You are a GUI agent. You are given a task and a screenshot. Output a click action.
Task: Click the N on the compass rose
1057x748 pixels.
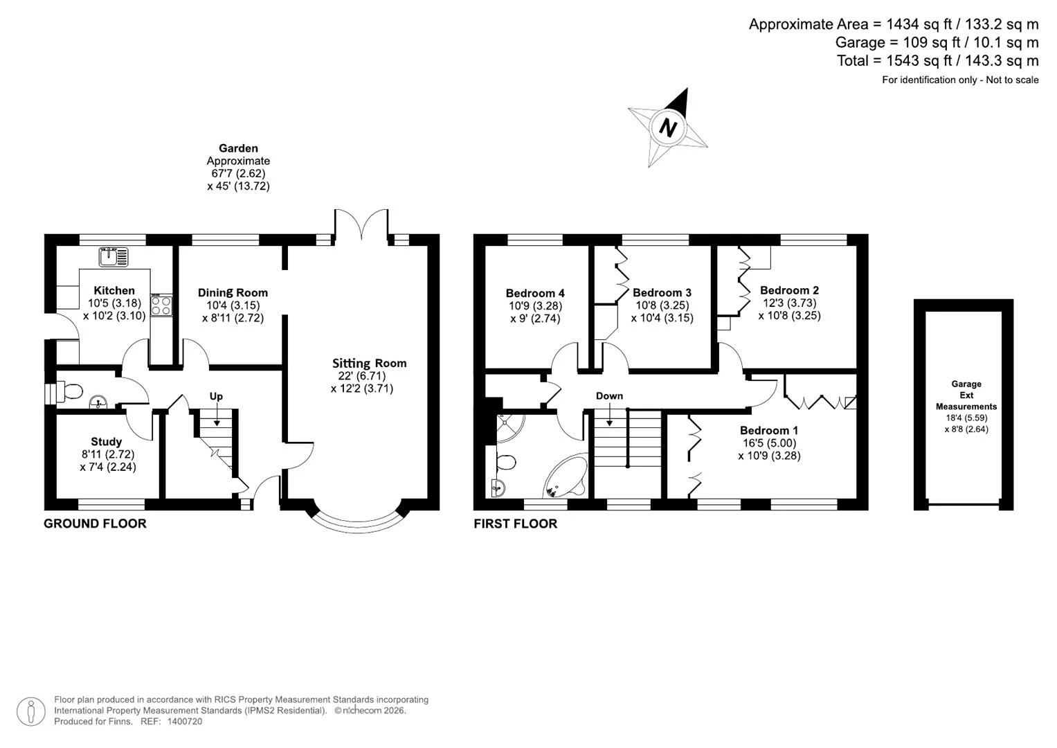tap(667, 127)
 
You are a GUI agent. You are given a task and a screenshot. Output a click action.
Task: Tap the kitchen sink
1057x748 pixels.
tap(114, 257)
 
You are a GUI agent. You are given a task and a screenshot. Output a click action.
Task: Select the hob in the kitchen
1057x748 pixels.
tap(161, 305)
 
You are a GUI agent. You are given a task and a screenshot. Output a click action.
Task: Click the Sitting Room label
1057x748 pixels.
tap(369, 363)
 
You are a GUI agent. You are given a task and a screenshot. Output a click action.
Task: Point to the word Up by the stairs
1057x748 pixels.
tap(216, 396)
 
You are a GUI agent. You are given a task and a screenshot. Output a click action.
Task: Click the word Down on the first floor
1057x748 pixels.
tap(609, 395)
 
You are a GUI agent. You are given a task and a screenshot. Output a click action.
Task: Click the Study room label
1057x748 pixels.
tap(106, 442)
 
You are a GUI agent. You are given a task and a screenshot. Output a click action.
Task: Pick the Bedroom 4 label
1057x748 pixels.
tap(535, 293)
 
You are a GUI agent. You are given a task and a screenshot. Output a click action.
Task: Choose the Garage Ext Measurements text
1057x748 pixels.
tap(966, 395)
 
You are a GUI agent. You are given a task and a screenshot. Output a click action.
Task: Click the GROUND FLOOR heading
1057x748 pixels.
tap(95, 523)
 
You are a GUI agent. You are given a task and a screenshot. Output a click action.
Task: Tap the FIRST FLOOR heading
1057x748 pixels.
tap(515, 523)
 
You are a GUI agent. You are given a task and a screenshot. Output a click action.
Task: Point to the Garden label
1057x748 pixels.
tap(238, 148)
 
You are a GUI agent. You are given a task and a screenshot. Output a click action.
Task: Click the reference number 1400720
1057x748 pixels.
tap(185, 721)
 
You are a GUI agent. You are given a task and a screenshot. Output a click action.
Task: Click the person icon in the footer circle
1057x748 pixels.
tap(31, 712)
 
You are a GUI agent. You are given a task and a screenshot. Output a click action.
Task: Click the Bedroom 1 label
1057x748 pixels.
tap(768, 430)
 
